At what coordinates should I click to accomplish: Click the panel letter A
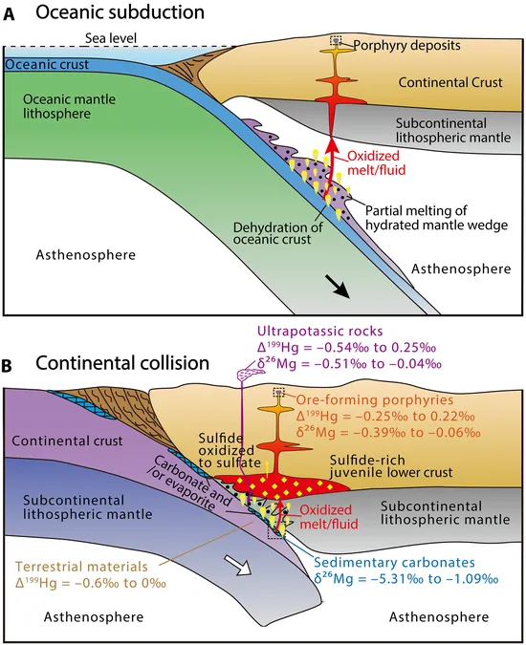tap(9, 15)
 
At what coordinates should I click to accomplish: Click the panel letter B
tap(8, 367)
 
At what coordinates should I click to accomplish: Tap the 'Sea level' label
tap(111, 38)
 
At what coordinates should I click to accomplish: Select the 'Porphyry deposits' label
tap(406, 45)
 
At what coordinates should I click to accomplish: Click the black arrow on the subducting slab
tap(338, 287)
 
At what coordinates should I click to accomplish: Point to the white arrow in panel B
tap(239, 565)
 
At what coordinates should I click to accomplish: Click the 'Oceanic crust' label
tap(47, 65)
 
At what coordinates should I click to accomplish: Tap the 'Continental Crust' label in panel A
tap(450, 82)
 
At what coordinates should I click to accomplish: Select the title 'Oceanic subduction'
tap(120, 12)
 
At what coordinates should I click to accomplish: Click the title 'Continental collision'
tap(122, 363)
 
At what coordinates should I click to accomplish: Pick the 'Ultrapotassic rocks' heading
tap(320, 332)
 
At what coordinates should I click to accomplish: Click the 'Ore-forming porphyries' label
tap(375, 399)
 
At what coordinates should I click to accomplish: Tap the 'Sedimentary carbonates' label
tap(395, 562)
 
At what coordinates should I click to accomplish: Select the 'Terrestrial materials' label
tap(81, 567)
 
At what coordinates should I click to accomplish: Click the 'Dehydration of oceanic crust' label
tap(277, 233)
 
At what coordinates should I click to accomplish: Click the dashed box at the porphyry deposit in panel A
tap(337, 40)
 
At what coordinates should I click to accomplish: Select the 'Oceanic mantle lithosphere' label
tap(69, 106)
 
